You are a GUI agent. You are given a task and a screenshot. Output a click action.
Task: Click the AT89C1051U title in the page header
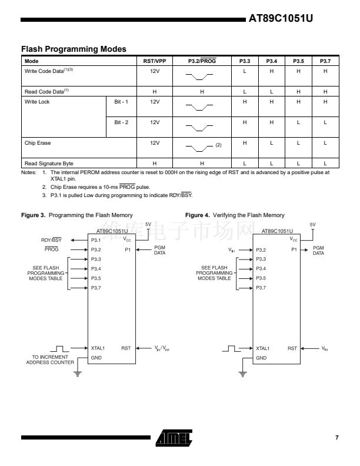[281, 18]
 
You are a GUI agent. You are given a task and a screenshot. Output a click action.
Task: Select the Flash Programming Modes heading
[74, 49]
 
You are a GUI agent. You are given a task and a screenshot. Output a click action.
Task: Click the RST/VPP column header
[155, 61]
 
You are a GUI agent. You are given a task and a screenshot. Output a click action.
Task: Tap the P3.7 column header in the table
[325, 61]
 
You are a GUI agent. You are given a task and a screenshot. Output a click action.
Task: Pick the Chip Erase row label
[38, 143]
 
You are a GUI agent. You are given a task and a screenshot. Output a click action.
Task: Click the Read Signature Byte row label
[49, 163]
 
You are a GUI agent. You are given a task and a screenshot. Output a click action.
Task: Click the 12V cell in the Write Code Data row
[155, 71]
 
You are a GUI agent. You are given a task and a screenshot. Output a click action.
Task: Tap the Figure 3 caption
[77, 215]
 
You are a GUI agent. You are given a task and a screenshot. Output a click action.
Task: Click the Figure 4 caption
[234, 215]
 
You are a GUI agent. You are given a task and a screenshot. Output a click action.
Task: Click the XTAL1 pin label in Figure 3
[98, 348]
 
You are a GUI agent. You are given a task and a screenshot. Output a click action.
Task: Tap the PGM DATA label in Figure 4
[318, 251]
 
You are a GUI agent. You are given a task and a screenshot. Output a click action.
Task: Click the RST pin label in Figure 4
[292, 348]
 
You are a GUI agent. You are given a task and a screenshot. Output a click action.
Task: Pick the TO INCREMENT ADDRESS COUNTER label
[50, 360]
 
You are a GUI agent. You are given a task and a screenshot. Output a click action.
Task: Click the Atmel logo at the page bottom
[174, 437]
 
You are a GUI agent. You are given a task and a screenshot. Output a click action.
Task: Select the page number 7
[337, 437]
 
